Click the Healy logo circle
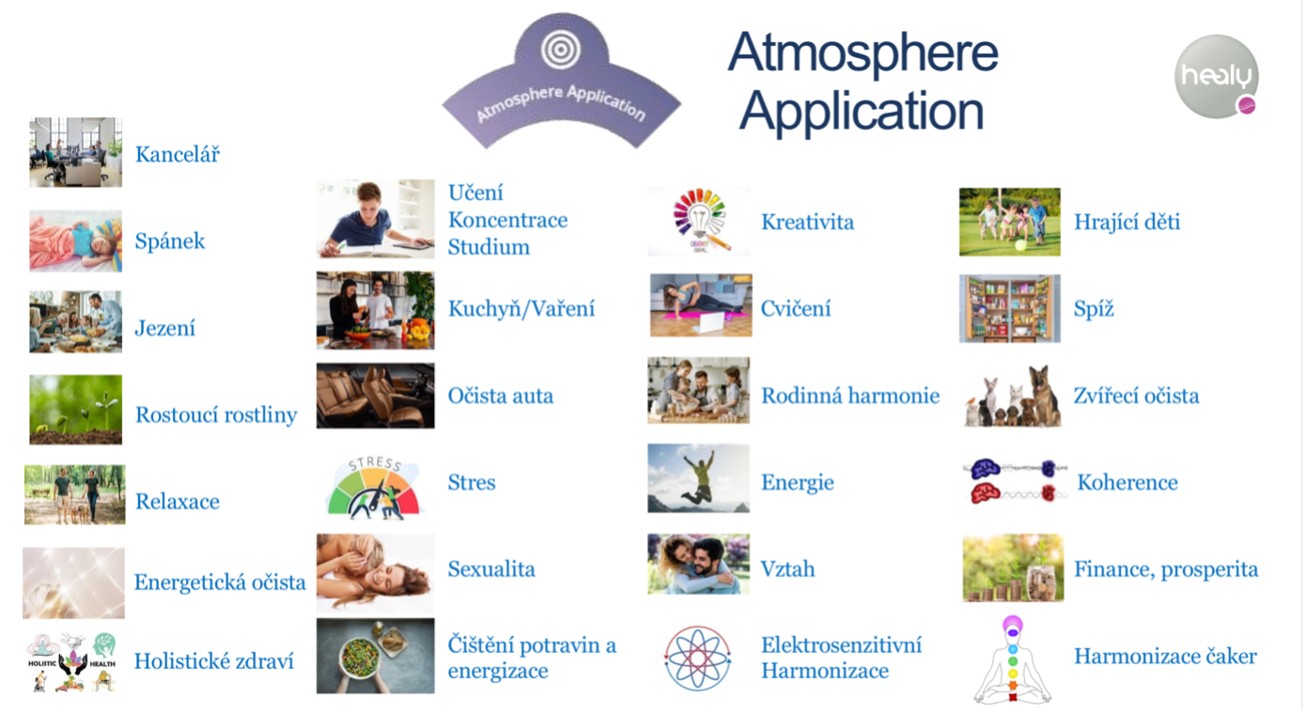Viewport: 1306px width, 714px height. (1216, 76)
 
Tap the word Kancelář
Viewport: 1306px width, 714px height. (178, 154)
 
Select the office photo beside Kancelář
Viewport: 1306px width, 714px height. (76, 152)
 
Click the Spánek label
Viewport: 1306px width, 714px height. (170, 241)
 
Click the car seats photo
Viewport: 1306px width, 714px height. (375, 396)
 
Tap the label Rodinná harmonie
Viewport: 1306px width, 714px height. (850, 396)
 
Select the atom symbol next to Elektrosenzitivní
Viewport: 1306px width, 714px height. (697, 658)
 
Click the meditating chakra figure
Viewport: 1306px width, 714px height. (1013, 660)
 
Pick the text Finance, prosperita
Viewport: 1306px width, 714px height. (1165, 569)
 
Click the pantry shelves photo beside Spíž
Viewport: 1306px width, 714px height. (1010, 308)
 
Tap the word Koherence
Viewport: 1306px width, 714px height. (1127, 483)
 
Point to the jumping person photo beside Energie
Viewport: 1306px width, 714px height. (698, 478)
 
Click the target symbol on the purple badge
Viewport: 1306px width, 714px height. (561, 50)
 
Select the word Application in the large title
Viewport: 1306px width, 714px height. (862, 112)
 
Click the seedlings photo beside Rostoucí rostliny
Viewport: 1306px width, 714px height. (76, 410)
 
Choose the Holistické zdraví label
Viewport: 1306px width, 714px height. (214, 661)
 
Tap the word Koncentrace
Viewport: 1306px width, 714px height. (507, 220)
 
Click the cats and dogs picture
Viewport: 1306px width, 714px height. (1013, 396)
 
